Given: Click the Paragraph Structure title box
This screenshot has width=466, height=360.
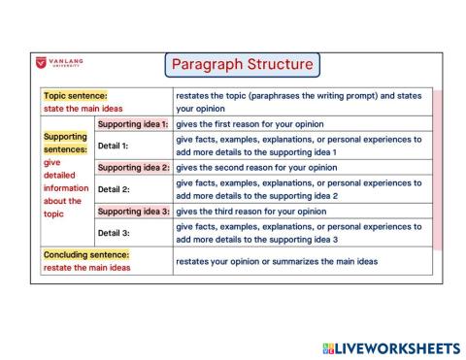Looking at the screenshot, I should tap(242, 65).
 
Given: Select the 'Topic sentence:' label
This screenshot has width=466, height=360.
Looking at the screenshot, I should tap(75, 96).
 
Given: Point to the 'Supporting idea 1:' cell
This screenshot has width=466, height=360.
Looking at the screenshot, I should tap(134, 124).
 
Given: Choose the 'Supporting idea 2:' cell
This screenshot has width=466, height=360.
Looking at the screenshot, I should tap(134, 167).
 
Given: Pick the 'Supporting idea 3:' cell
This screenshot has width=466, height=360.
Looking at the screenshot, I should tap(134, 211).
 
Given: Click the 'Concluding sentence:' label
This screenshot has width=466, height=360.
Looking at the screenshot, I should tap(86, 254).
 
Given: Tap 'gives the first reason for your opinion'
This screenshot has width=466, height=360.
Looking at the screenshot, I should tap(250, 124).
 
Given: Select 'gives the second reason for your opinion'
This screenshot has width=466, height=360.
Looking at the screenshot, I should tap(256, 167).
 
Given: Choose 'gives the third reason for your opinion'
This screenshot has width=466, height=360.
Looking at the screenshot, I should tap(250, 211).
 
